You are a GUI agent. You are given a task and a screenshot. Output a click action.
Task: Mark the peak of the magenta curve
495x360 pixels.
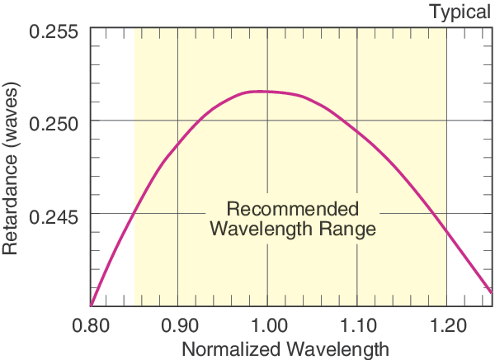point(261,91)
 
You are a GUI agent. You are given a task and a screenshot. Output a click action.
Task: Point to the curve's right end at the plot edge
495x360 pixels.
point(491,291)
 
